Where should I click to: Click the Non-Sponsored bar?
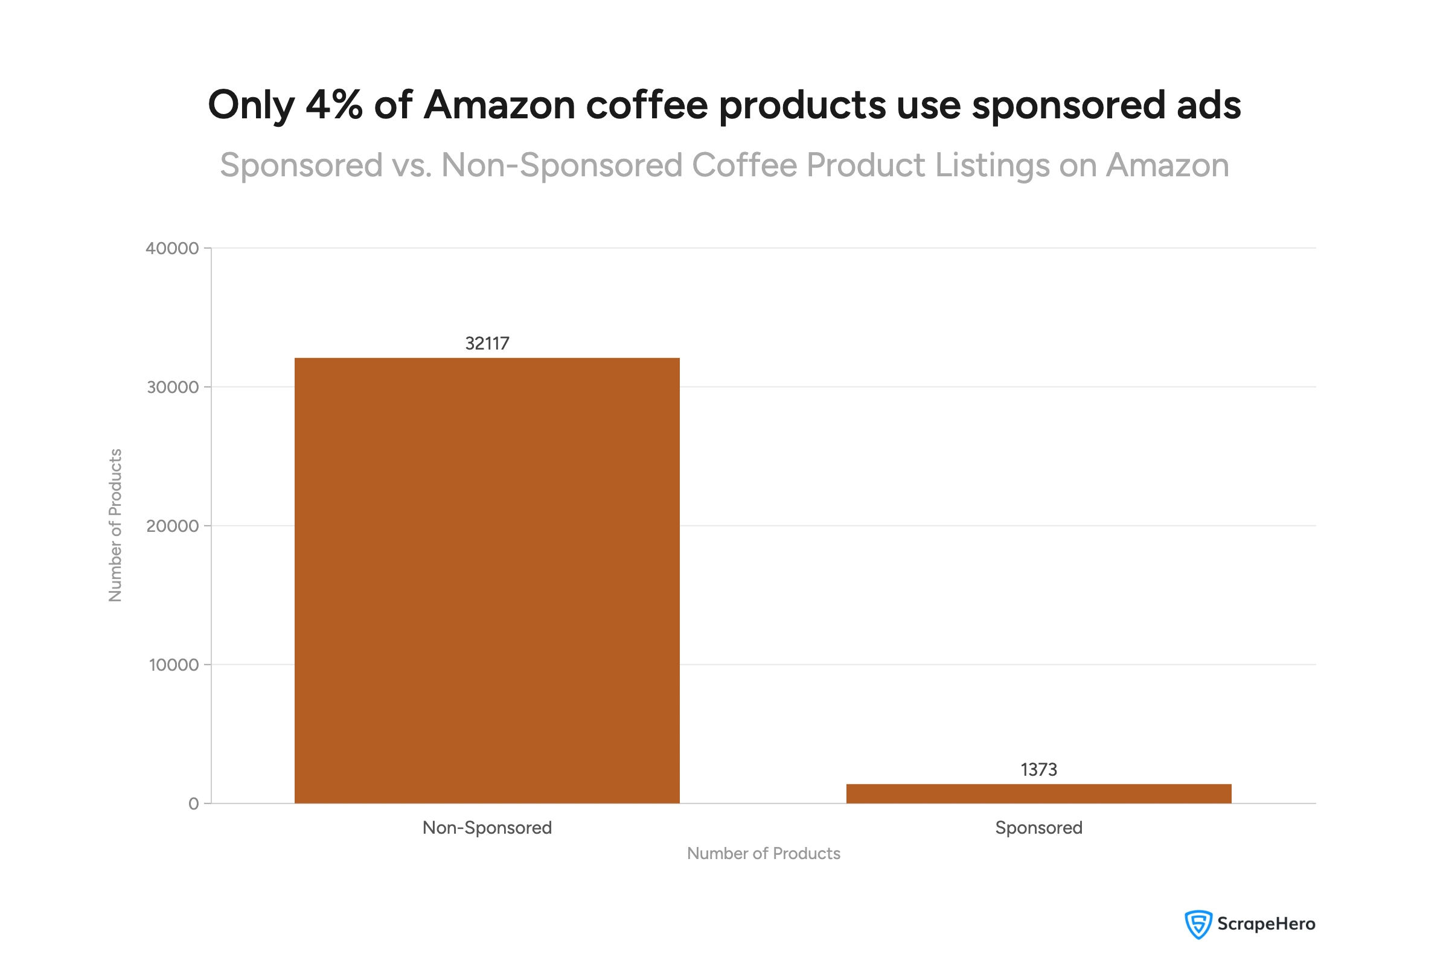click(487, 580)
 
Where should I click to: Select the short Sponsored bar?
click(1038, 793)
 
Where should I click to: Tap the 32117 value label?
click(487, 344)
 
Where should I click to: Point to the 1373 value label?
click(1038, 769)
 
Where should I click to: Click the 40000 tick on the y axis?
click(172, 248)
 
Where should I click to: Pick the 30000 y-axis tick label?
click(173, 387)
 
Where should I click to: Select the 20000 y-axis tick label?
click(172, 526)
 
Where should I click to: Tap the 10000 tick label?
click(173, 665)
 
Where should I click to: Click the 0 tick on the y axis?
click(193, 804)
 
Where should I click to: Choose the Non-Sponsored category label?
click(487, 828)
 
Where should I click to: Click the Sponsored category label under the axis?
click(1038, 828)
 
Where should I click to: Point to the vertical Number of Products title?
click(115, 525)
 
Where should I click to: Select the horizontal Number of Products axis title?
click(763, 853)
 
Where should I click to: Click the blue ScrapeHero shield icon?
click(1198, 924)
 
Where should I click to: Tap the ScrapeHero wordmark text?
click(1265, 924)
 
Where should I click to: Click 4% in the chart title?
click(333, 104)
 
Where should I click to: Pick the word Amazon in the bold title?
click(499, 104)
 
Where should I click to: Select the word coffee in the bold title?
click(647, 104)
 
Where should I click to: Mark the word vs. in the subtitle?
click(412, 166)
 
